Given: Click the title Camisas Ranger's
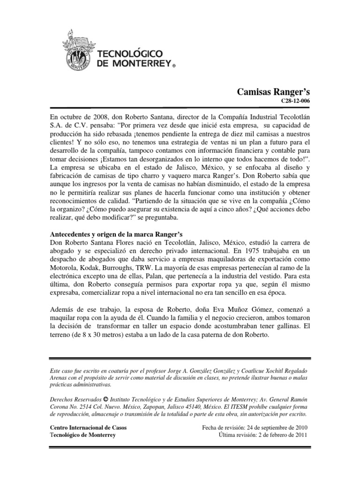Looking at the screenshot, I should point(274,92).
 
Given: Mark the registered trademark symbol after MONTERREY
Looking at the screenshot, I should point(173,67).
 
